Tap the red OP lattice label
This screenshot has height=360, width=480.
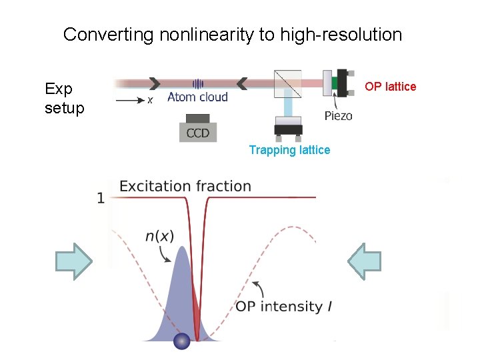pos(390,87)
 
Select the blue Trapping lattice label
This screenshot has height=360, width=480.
pos(289,150)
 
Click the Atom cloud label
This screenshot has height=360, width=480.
pos(197,98)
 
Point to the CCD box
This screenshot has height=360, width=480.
pos(197,131)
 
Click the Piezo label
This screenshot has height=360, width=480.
pos(338,115)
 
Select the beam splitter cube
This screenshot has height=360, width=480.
pos(288,83)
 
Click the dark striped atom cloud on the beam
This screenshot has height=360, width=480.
pos(198,84)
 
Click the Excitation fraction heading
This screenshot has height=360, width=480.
pos(185,187)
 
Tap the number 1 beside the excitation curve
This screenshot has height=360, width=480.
pos(101,199)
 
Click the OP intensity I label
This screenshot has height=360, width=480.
pos(283,307)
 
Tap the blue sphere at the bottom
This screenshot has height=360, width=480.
pos(181,341)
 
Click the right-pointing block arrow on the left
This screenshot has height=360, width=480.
pos(73,261)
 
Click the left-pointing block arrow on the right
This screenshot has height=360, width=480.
pos(365,261)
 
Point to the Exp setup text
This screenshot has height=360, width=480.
pos(64,98)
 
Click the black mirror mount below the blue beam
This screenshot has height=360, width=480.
pos(288,129)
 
